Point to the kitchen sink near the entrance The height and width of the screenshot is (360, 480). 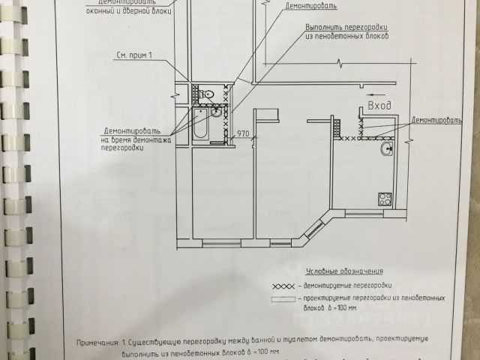(x=386, y=149)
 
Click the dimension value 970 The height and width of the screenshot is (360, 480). (x=243, y=133)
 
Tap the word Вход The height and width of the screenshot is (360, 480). (x=380, y=106)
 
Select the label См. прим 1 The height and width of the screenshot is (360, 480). (x=134, y=55)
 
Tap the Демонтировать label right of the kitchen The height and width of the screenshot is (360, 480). (x=435, y=119)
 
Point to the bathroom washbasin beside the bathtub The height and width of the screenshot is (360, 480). (x=217, y=112)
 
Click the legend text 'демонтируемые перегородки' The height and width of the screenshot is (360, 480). (x=344, y=286)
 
